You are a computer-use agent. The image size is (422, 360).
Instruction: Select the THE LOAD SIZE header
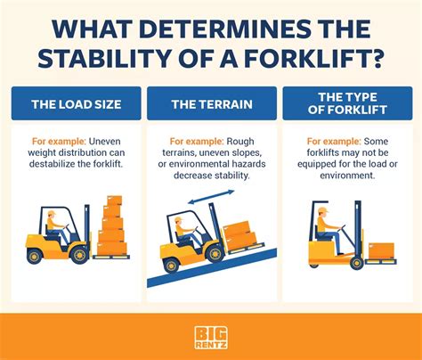click(x=77, y=104)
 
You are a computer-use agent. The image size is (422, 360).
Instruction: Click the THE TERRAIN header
click(x=212, y=104)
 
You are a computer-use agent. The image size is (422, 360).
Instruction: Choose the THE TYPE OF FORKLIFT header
click(x=347, y=103)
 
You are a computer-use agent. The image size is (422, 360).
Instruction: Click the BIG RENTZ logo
click(x=211, y=338)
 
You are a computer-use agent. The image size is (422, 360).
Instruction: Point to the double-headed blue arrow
click(x=211, y=197)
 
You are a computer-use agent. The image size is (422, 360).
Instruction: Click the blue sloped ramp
click(x=212, y=268)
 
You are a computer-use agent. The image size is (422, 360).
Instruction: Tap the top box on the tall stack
click(x=114, y=200)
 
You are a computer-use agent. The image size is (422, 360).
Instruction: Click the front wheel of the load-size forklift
click(x=79, y=255)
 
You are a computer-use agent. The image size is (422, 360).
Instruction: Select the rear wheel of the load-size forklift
click(x=35, y=256)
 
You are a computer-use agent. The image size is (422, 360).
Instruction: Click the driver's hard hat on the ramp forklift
click(x=179, y=220)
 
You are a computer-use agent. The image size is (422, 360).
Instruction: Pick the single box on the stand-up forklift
click(x=381, y=251)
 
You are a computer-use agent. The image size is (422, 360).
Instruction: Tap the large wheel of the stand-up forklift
click(x=356, y=263)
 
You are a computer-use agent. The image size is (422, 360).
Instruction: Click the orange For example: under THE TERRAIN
click(x=197, y=142)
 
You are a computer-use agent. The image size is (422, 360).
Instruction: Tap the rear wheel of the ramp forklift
click(x=171, y=266)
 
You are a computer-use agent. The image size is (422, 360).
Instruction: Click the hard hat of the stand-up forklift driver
click(x=322, y=210)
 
